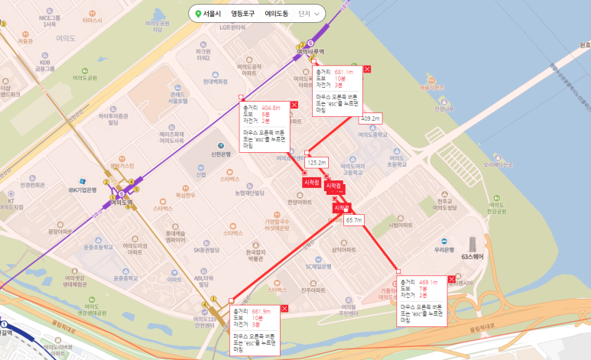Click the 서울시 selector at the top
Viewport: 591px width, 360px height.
tap(209, 14)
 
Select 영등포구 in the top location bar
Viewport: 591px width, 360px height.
tap(242, 14)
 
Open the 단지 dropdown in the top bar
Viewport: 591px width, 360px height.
tap(309, 14)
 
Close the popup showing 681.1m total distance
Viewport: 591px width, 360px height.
tap(367, 70)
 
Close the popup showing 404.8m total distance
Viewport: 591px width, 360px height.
tap(294, 104)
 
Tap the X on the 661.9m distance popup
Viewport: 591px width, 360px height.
tap(284, 307)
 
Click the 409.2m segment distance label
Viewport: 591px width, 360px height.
tap(370, 118)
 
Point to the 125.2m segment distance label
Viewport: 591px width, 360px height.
tap(316, 163)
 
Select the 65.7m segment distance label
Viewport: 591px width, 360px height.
tap(354, 220)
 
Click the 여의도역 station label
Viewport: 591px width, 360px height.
tap(122, 203)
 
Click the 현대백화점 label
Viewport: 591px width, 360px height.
tap(216, 81)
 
